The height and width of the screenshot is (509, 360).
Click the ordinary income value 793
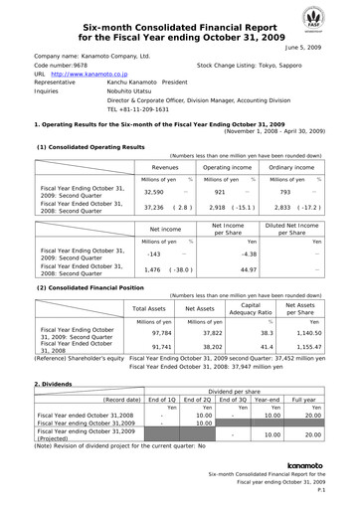click(x=285, y=191)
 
